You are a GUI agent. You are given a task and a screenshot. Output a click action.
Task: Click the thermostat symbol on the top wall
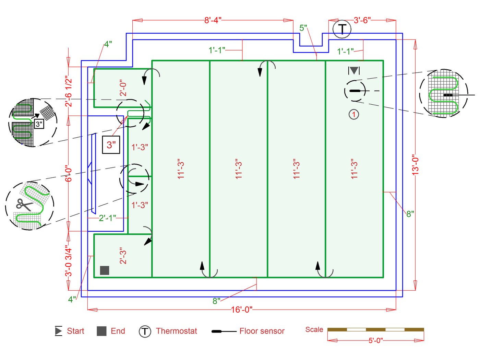pyautogui.click(x=341, y=29)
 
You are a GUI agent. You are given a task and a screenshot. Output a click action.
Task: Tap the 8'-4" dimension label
pyautogui.click(x=213, y=20)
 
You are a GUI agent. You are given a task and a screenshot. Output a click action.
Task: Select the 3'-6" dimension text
pyautogui.click(x=362, y=20)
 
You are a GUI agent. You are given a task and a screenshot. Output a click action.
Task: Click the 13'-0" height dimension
pyautogui.click(x=415, y=165)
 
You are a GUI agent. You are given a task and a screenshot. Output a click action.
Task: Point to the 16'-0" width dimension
pyautogui.click(x=241, y=310)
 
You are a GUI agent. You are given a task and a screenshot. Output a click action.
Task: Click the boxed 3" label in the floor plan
pyautogui.click(x=111, y=145)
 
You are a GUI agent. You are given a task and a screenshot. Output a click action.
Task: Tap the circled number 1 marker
pyautogui.click(x=353, y=114)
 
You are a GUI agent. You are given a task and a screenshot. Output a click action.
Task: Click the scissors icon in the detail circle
pyautogui.click(x=24, y=205)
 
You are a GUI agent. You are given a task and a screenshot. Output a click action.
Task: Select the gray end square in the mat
pyautogui.click(x=105, y=270)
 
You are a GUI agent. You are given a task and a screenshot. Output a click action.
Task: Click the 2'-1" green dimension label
pyautogui.click(x=107, y=218)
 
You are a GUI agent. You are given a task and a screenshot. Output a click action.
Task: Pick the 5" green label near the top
pyautogui.click(x=303, y=28)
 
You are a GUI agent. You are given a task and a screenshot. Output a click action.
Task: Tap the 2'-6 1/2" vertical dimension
pyautogui.click(x=69, y=91)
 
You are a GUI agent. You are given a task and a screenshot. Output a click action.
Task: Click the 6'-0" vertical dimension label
pyautogui.click(x=69, y=174)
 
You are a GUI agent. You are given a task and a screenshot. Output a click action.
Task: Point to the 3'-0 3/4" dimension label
pyautogui.click(x=69, y=262)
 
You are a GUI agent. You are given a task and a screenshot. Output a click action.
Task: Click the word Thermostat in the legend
pyautogui.click(x=176, y=331)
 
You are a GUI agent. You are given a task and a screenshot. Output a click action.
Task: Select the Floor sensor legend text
pyautogui.click(x=262, y=331)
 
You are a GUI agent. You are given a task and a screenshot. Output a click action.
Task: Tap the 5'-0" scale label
pyautogui.click(x=375, y=340)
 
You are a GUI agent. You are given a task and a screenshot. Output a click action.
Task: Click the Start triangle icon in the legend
pyautogui.click(x=58, y=331)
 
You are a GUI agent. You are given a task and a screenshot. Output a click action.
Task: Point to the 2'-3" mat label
pyautogui.click(x=123, y=256)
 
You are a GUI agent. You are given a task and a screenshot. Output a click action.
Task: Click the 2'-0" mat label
pyautogui.click(x=123, y=88)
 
